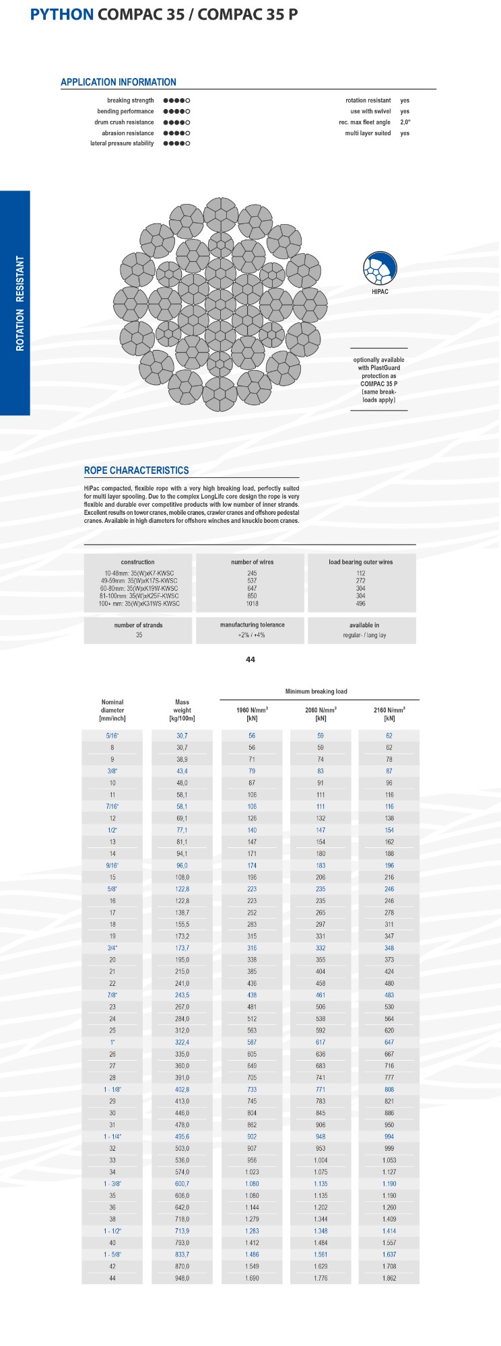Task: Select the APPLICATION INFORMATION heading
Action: coord(119,82)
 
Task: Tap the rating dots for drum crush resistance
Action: coord(176,122)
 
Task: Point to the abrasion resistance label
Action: coord(123,133)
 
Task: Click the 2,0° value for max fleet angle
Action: coord(405,122)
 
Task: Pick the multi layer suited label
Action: coord(368,133)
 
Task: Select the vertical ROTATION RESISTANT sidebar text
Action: coord(20,303)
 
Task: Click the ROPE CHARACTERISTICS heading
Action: coord(136,470)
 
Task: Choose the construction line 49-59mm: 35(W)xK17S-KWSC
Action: coord(138,581)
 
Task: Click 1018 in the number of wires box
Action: coord(252,604)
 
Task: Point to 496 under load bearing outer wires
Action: coord(362,604)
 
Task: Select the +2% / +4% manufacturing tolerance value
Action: coord(252,635)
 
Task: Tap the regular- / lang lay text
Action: coord(364,635)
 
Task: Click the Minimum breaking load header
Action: coord(316,691)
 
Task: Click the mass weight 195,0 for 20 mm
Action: coord(182,960)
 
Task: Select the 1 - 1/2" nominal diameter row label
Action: coord(112,1231)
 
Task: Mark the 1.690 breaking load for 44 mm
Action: coord(252,1278)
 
